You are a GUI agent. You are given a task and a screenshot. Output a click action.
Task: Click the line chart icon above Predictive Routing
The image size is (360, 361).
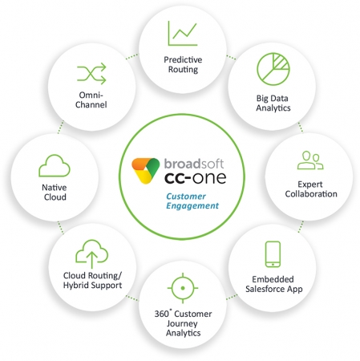coord(183,33)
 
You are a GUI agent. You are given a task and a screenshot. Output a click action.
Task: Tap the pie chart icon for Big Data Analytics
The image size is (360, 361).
coord(273,69)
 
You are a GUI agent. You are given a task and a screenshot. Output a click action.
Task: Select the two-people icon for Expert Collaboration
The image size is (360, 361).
coord(310,160)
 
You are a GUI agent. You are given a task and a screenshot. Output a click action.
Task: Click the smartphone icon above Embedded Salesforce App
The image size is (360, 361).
coord(273,254)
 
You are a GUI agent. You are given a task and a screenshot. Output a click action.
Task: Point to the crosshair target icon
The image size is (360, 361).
coord(183,288)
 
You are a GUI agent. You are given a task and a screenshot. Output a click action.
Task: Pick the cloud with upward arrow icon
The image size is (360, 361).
coord(91,254)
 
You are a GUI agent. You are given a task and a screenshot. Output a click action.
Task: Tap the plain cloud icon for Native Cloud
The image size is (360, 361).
coord(55,165)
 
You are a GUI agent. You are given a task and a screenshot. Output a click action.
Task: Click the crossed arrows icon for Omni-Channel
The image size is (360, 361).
coord(91,74)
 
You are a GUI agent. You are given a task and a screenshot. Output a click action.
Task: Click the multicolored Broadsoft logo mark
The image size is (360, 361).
coord(146,171)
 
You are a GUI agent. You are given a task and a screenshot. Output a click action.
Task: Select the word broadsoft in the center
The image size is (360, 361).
coord(194,164)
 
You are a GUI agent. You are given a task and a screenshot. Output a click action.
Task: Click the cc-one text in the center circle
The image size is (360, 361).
coord(196,177)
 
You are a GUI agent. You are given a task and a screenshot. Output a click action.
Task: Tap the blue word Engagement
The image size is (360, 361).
coord(192,205)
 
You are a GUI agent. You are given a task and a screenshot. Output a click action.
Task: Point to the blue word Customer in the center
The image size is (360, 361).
coord(186,197)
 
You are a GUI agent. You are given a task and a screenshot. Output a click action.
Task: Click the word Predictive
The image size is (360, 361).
coord(183,59)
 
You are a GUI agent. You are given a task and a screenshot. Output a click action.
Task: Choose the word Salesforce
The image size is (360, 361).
coord(265,289)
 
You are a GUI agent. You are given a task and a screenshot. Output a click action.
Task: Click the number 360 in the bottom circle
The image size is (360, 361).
coord(161,314)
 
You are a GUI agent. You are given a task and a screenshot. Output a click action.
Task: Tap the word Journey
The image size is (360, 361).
coord(182,323)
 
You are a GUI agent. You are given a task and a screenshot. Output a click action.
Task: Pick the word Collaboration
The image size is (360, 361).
coord(311,194)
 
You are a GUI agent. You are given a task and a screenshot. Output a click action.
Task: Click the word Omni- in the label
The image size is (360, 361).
coord(91,95)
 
